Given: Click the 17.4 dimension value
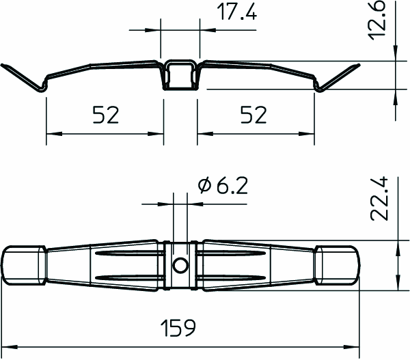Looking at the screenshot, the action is pos(236,12).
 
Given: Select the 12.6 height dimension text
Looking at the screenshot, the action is pos(378,20).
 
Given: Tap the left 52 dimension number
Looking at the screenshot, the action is pos(106,115).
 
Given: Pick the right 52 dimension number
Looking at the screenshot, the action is pos(254,115).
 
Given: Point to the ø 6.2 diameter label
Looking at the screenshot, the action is pos(223,186).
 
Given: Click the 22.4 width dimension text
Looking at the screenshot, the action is pos(379,199).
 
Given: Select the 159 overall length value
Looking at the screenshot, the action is pos(178,328).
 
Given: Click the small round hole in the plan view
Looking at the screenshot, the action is pos(180,266).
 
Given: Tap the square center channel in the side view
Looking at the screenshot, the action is pos(180,75).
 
